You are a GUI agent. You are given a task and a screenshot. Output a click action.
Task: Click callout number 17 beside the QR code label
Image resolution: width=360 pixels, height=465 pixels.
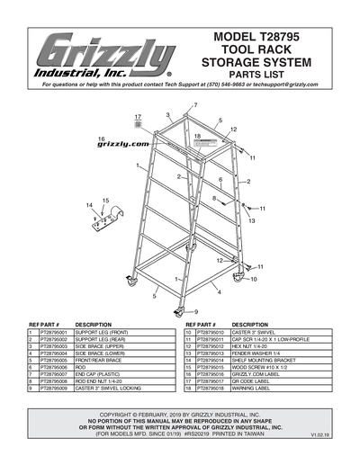138,117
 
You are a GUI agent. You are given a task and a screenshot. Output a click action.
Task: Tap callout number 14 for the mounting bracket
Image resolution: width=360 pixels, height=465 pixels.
89,206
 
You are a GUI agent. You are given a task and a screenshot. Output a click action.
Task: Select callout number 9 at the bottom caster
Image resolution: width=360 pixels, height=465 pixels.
195,311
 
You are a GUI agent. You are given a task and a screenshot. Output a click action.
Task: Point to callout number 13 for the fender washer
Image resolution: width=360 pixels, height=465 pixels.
251,219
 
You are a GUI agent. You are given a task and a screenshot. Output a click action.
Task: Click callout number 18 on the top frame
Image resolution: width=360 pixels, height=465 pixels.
197,135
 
